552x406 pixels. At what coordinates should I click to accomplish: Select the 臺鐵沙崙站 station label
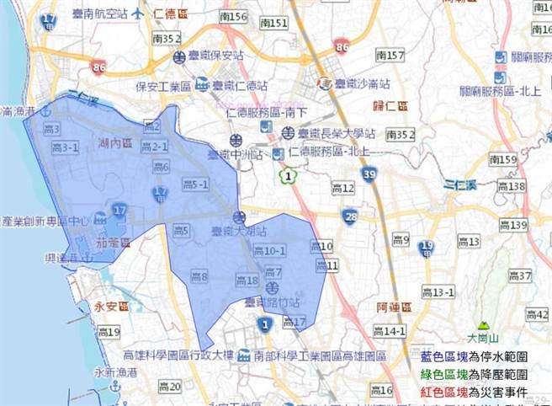pos(363,83)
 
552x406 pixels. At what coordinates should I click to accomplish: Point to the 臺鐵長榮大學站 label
pos(340,133)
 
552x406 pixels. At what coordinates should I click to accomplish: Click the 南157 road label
pos(391,56)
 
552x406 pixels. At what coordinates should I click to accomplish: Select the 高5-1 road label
pos(194,184)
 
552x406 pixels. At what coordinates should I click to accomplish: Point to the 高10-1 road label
pos(269,251)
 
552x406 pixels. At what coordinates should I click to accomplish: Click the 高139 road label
pos(512,224)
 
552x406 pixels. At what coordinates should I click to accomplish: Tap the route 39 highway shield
pos(370,174)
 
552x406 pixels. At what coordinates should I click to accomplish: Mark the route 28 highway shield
pos(350,216)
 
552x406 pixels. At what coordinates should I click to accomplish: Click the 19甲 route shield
pos(427,247)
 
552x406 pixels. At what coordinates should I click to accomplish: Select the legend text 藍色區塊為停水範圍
pos(475,356)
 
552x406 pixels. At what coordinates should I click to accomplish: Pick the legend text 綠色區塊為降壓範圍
pos(475,374)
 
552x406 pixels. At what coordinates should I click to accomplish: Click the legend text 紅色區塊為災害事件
pos(475,392)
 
